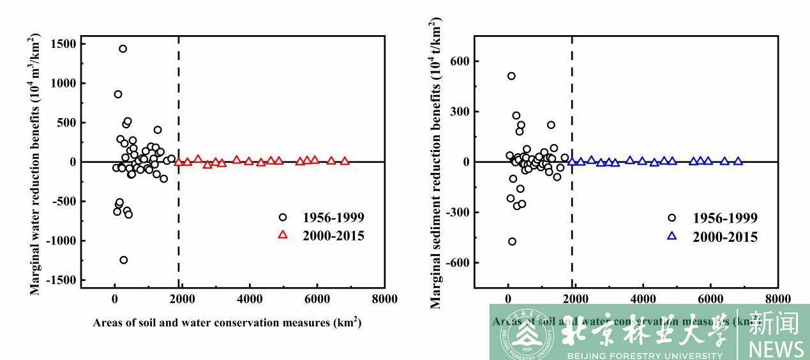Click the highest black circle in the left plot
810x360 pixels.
[123, 49]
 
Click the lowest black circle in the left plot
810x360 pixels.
[124, 260]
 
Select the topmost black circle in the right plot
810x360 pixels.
[511, 76]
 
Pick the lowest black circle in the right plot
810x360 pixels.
[512, 241]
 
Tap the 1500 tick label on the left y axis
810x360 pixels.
[63, 44]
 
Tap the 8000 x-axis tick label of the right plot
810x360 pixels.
[777, 299]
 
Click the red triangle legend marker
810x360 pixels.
[283, 235]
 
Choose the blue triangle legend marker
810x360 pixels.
[671, 236]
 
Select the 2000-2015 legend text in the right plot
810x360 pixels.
[725, 237]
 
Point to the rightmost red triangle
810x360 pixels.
[345, 161]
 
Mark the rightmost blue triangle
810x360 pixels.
[738, 161]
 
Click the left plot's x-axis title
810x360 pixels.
[227, 322]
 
